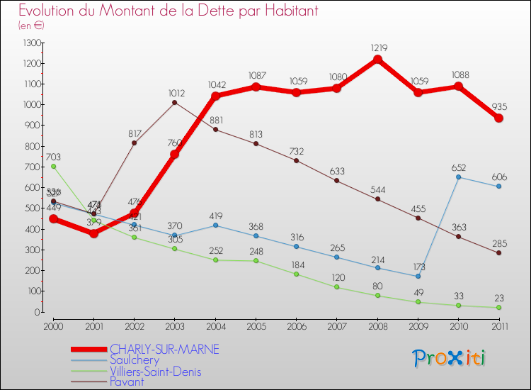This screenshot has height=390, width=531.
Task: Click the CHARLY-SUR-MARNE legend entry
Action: [x=164, y=350]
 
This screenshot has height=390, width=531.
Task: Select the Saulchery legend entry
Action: [x=134, y=360]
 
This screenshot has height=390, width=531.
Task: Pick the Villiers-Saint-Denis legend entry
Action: [x=156, y=371]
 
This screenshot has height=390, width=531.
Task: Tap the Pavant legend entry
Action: [x=127, y=381]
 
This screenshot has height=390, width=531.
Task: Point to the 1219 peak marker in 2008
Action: [x=378, y=59]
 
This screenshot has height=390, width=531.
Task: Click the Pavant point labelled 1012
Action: [x=175, y=102]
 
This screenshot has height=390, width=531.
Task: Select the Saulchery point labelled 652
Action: [x=459, y=177]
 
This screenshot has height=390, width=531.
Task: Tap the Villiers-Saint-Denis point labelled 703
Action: [x=53, y=167]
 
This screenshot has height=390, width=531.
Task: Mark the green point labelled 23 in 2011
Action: [x=499, y=307]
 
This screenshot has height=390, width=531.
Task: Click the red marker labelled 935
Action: [x=499, y=118]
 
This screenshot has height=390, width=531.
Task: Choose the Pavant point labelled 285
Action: [x=499, y=252]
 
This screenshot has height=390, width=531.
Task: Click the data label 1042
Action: [x=215, y=84]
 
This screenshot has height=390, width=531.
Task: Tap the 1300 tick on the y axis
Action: [x=33, y=43]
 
